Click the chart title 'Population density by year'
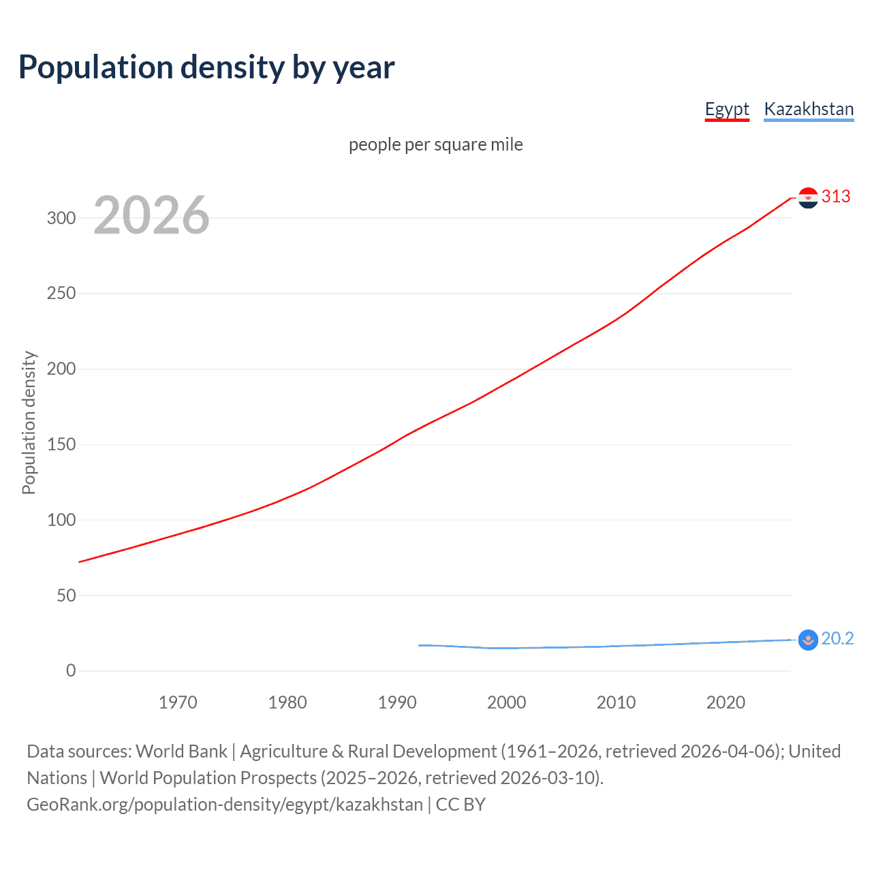206,67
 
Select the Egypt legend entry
727,109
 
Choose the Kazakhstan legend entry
809,109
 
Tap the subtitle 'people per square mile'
436,144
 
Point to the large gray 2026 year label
151,215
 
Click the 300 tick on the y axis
61,218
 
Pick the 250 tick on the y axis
61,294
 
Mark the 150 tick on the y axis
61,444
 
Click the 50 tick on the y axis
66,595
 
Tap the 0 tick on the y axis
71,670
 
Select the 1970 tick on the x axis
178,702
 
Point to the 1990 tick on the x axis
397,702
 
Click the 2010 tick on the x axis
616,702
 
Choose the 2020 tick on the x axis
726,702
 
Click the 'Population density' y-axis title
29,422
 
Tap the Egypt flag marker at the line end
808,198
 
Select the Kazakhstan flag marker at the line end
808,640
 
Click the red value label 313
836,196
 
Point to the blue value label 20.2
837,638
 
